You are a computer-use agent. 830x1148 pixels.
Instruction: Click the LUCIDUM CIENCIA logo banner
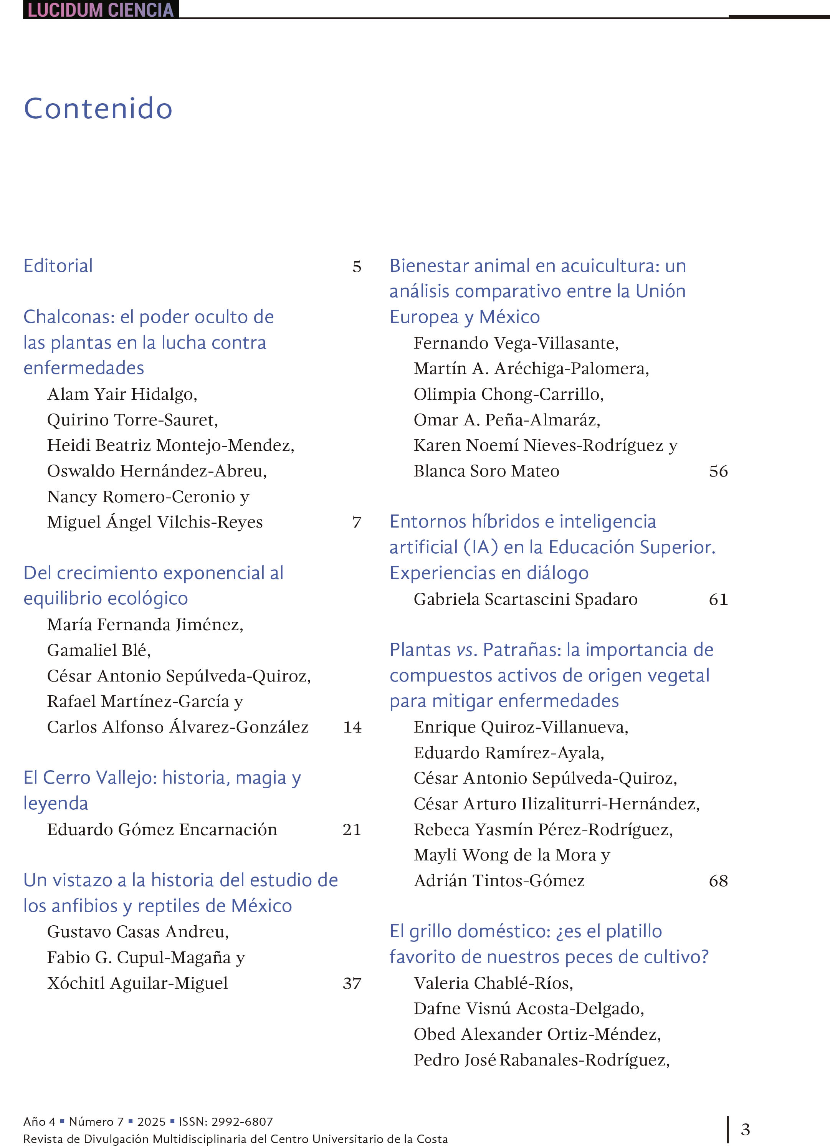[x=101, y=10]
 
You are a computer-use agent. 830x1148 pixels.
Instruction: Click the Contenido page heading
[x=98, y=108]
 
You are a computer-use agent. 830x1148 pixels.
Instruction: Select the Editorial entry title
[x=58, y=266]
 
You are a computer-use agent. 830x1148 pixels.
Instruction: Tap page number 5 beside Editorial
[x=357, y=267]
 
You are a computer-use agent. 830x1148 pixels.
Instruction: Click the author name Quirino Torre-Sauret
[x=132, y=420]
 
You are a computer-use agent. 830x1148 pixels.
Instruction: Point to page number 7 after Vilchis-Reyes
[x=357, y=522]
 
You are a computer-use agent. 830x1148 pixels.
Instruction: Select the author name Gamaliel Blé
[x=99, y=650]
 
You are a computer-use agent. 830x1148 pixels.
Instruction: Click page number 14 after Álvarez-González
[x=352, y=727]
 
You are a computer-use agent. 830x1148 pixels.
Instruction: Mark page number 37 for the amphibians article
[x=352, y=983]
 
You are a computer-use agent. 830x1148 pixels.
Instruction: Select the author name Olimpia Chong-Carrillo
[x=509, y=394]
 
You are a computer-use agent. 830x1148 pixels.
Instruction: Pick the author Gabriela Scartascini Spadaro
[x=525, y=599]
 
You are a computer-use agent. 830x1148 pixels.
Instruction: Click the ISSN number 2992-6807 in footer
[x=242, y=1122]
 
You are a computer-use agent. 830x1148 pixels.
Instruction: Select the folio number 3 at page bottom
[x=745, y=1129]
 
